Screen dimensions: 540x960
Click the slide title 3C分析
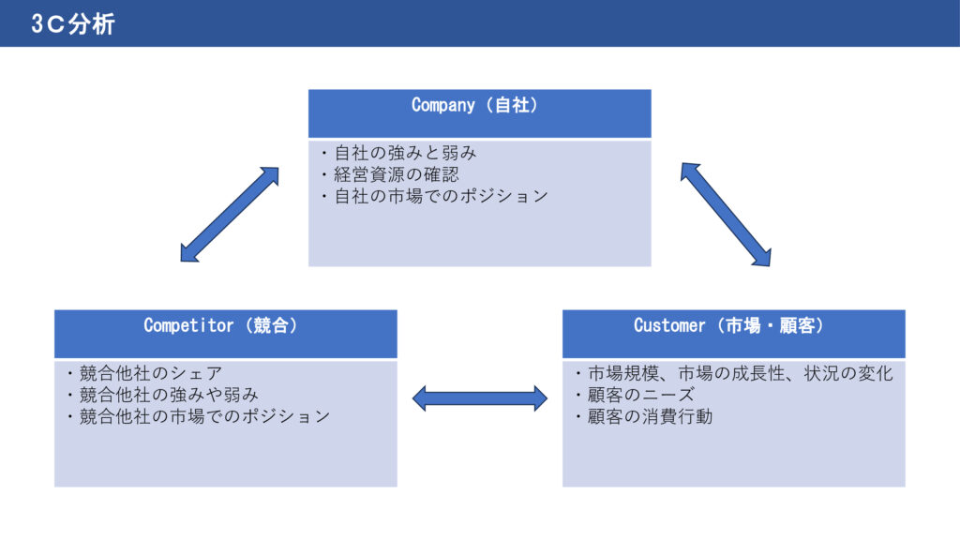coord(72,24)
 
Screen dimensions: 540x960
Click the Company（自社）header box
coord(479,113)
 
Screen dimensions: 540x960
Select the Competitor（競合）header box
coord(225,334)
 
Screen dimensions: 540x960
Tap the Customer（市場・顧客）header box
coord(733,334)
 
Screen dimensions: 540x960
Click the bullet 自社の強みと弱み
coord(398,153)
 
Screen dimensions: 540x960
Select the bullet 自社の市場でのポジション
coord(433,196)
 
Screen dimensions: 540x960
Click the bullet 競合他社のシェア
coord(144,373)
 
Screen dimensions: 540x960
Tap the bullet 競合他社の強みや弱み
coord(161,395)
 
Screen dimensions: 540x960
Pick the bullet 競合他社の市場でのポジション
coord(197,416)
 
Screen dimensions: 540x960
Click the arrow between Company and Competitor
coord(230,215)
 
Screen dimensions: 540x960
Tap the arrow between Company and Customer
coord(726,215)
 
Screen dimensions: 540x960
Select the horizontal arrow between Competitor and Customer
coord(480,398)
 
